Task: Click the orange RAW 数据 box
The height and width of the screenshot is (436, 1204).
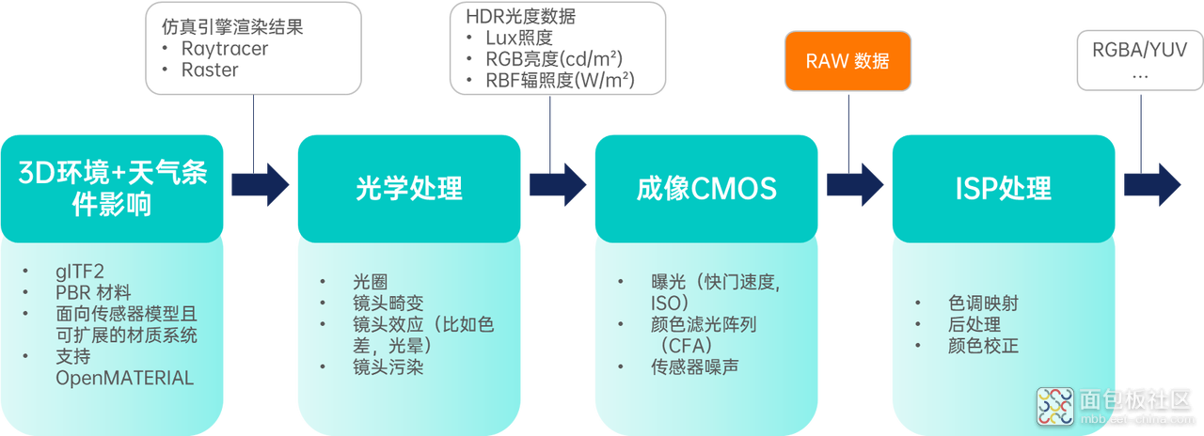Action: coord(848,61)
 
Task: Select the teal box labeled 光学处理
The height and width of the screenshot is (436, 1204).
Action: coord(409,189)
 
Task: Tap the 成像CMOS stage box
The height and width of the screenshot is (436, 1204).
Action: coord(706,189)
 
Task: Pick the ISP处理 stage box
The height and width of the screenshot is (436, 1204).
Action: coord(1004,189)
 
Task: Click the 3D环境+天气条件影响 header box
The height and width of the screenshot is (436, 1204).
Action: coord(112,189)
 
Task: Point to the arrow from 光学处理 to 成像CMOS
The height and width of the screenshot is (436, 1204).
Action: coord(558,185)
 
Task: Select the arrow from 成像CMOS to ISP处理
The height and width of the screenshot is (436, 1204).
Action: coord(855,185)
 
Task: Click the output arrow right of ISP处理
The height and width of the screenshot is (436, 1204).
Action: coord(1152,185)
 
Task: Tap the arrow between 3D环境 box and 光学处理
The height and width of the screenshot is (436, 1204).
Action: coord(261,185)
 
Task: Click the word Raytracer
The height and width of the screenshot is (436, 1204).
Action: coord(225,49)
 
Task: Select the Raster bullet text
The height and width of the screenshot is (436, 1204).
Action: coord(210,70)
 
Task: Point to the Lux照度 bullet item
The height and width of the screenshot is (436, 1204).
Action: coord(519,39)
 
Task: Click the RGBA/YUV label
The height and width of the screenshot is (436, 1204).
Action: coord(1139,50)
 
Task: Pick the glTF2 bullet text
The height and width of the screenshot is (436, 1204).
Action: coord(80,272)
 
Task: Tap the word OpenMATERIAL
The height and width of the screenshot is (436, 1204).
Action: coord(125,378)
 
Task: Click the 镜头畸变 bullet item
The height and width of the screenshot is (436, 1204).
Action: coord(388,304)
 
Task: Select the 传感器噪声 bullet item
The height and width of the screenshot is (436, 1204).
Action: coord(694,367)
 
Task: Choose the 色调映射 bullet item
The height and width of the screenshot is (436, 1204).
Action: coord(983,304)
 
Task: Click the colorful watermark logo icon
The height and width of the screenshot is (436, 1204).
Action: coord(1055,407)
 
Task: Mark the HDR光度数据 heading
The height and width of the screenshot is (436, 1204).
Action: coord(520,17)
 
